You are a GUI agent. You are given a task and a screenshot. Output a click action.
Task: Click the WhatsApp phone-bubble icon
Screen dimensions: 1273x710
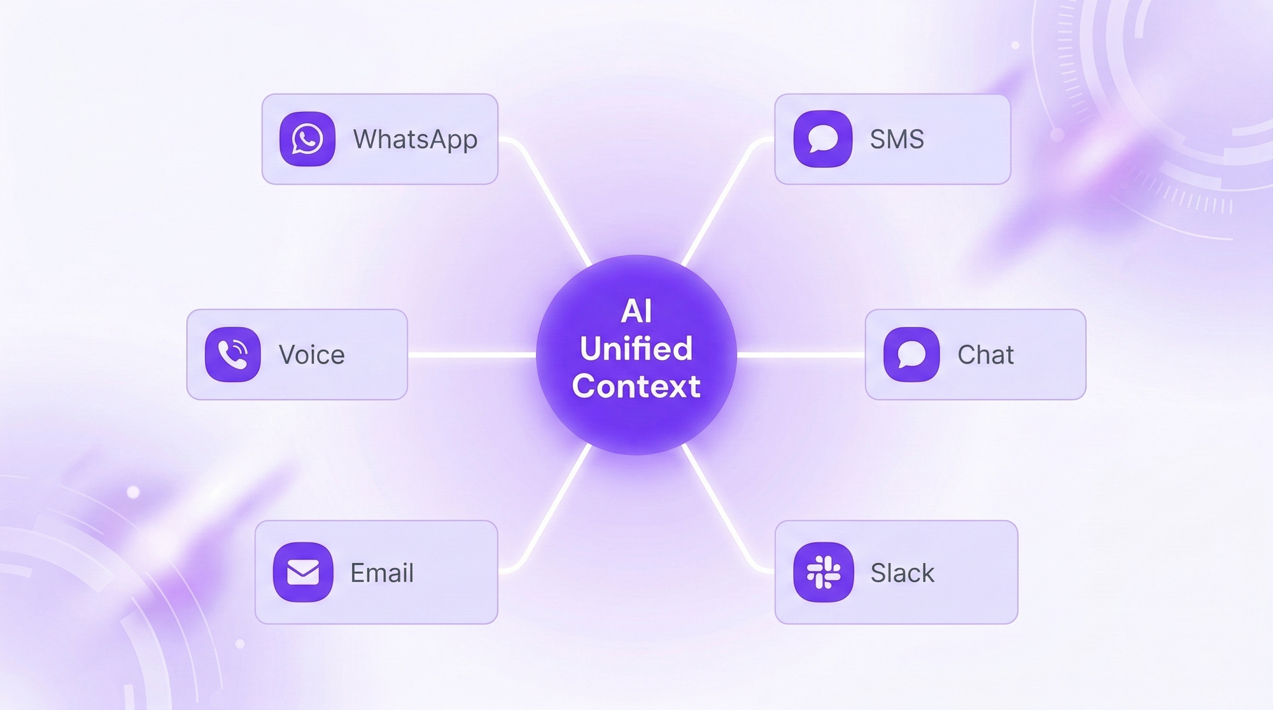point(307,139)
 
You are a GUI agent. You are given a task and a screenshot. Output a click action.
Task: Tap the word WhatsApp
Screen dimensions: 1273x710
point(415,140)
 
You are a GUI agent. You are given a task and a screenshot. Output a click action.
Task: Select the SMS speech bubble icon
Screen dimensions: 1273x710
point(823,139)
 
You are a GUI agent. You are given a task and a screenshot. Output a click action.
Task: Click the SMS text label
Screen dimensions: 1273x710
point(897,139)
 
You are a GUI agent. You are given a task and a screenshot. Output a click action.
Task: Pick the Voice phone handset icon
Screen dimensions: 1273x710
point(233,354)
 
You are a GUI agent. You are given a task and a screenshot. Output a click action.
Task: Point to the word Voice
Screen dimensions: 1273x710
point(312,354)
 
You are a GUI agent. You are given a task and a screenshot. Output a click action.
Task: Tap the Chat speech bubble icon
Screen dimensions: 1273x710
point(911,354)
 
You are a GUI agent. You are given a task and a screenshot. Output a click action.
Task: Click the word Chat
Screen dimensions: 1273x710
point(985,354)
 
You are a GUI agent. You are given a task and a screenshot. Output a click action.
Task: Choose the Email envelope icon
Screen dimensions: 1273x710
point(303,572)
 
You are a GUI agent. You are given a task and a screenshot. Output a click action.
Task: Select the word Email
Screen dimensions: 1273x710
point(382,573)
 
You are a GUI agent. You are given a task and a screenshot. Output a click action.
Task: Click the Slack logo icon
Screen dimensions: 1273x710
point(824,572)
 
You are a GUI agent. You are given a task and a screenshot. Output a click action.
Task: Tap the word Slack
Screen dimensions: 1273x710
point(903,573)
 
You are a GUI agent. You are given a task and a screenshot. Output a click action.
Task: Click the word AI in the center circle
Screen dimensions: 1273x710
point(636,311)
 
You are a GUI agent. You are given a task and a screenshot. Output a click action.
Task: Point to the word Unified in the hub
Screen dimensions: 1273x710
point(636,348)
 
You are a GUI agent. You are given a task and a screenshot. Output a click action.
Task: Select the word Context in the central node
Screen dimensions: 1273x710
point(636,386)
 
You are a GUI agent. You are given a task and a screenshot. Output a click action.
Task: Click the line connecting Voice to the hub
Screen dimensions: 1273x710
point(472,355)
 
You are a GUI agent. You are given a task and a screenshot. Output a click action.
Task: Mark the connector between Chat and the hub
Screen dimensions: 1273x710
point(801,355)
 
